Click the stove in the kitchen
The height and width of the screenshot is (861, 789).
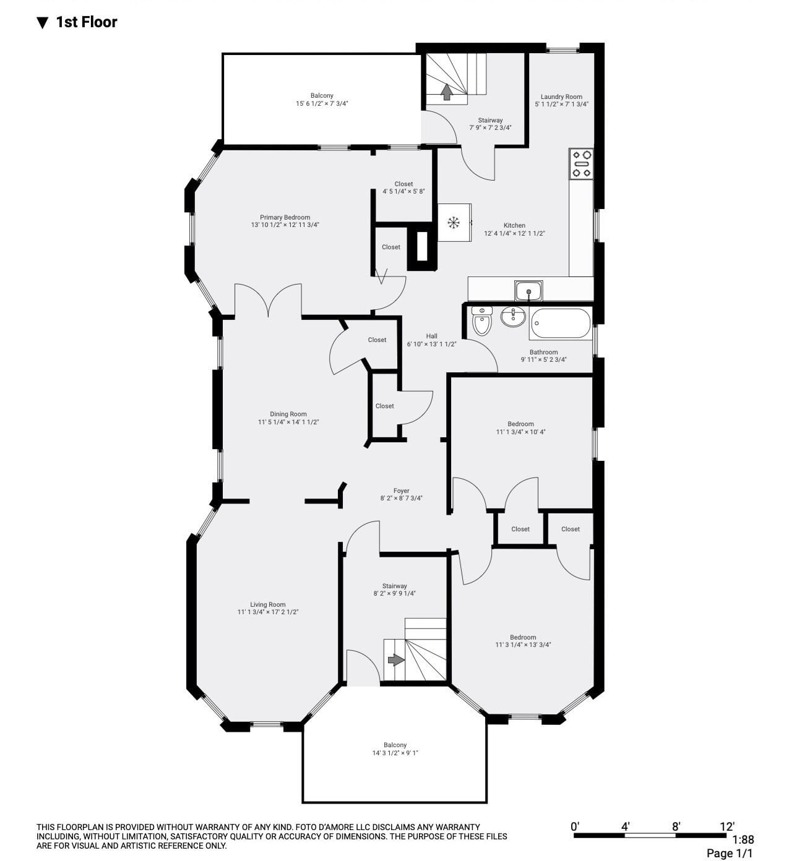coord(581,163)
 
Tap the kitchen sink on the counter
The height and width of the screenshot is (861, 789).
coord(528,291)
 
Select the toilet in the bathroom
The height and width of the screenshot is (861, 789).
coord(482,320)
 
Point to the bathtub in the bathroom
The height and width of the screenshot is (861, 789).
coord(561,323)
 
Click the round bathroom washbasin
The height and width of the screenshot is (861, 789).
coord(513,317)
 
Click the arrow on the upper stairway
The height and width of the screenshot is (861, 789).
coord(447,92)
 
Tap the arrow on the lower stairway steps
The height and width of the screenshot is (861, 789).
coord(396,660)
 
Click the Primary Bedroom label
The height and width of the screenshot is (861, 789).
coord(285,217)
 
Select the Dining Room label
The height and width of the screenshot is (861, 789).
coord(288,414)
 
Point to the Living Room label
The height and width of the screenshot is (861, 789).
coord(267,604)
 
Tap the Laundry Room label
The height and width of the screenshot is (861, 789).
coord(561,96)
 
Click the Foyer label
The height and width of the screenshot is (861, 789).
coord(401,490)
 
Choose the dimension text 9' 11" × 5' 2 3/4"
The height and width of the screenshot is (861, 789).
coord(544,360)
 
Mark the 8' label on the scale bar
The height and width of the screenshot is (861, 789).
coord(676,826)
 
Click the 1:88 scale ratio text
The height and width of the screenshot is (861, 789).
coord(743,839)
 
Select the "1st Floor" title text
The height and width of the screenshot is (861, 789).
coord(87,22)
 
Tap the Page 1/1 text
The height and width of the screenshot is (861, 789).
coord(730,853)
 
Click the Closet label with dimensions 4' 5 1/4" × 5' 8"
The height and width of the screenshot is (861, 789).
coord(403,184)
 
